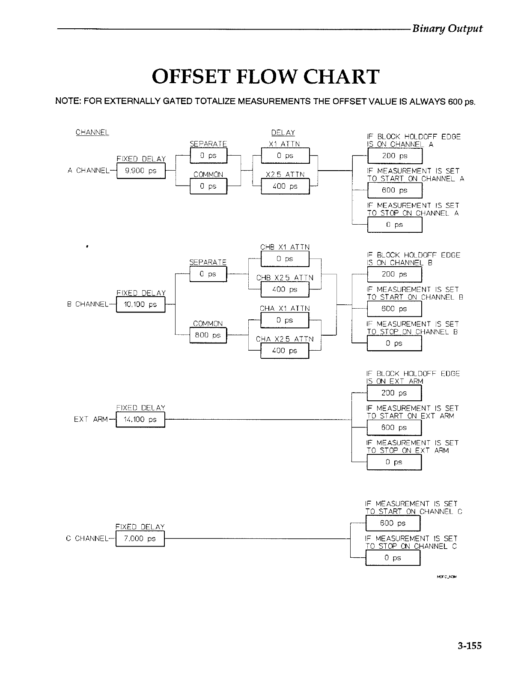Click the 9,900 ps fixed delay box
[140, 171]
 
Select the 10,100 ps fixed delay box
[140, 305]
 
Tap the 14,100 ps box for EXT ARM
[140, 420]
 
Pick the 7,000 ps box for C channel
[140, 539]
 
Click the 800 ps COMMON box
[208, 336]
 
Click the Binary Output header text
[447, 29]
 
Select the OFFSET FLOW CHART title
[265, 76]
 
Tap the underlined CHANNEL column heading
[92, 132]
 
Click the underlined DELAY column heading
[283, 133]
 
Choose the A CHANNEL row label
[89, 171]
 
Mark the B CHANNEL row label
[88, 304]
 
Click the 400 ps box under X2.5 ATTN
[285, 186]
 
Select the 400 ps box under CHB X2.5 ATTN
[285, 290]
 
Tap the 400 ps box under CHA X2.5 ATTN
[285, 351]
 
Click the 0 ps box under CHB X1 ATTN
[285, 259]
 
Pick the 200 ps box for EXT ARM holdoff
[394, 393]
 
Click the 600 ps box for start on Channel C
[393, 523]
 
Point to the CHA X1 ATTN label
[285, 309]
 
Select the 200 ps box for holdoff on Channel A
[395, 156]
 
